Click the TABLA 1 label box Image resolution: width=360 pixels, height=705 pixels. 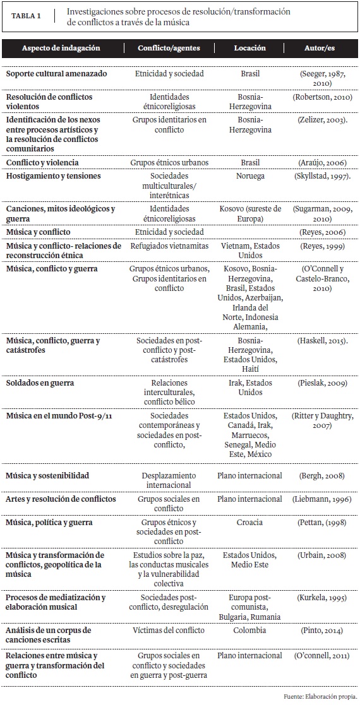tap(27, 16)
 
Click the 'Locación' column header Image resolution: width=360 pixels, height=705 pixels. tap(249, 49)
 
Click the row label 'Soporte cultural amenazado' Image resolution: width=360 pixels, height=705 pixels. tap(56, 74)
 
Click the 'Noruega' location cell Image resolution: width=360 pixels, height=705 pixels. tap(249, 176)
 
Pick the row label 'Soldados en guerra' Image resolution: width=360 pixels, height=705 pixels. tap(40, 383)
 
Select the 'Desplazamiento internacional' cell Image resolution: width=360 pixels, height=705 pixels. tap(169, 480)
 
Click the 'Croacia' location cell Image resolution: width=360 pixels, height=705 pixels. tap(249, 523)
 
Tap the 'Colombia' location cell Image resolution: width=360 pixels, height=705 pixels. tap(249, 630)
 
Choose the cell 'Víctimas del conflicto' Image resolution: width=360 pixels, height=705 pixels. tap(169, 630)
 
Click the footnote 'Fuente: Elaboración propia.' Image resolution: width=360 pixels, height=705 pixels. tap(321, 696)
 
